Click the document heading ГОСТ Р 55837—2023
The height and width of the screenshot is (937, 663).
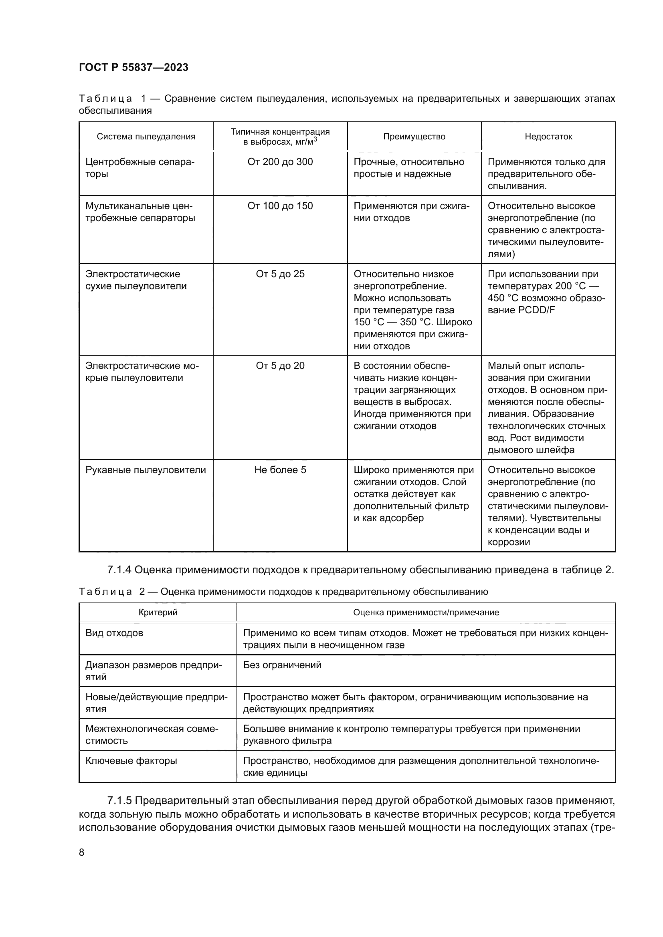pyautogui.click(x=133, y=67)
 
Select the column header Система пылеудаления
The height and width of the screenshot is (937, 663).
pyautogui.click(x=146, y=137)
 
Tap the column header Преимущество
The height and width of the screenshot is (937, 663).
pyautogui.click(x=414, y=137)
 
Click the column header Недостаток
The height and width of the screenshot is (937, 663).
pyautogui.click(x=548, y=137)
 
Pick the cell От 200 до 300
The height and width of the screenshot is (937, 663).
pyautogui.click(x=280, y=162)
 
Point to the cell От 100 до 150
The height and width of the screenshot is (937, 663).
pyautogui.click(x=280, y=206)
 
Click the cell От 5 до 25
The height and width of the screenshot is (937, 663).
pyautogui.click(x=280, y=274)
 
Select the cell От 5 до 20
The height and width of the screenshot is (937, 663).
pyautogui.click(x=280, y=366)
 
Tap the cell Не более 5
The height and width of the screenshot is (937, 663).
pyautogui.click(x=280, y=470)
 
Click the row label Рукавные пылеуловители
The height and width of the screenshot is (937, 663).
pyautogui.click(x=146, y=470)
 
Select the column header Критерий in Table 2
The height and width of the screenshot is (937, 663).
pyautogui.click(x=158, y=613)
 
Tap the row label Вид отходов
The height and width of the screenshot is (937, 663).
pyautogui.click(x=114, y=633)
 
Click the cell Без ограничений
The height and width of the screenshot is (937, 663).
pyautogui.click(x=282, y=665)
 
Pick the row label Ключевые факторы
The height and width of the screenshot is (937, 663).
pyautogui.click(x=131, y=761)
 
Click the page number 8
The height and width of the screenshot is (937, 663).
pyautogui.click(x=82, y=853)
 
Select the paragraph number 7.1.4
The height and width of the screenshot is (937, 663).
pyautogui.click(x=119, y=570)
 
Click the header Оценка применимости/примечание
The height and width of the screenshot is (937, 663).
pyautogui.click(x=426, y=613)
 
